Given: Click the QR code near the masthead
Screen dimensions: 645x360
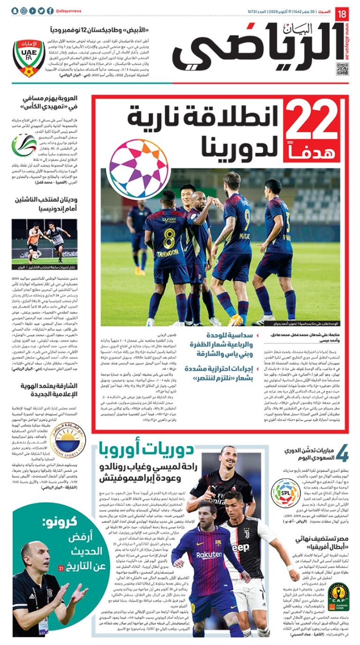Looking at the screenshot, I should [343, 68].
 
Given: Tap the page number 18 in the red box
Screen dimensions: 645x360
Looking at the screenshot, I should [342, 13].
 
